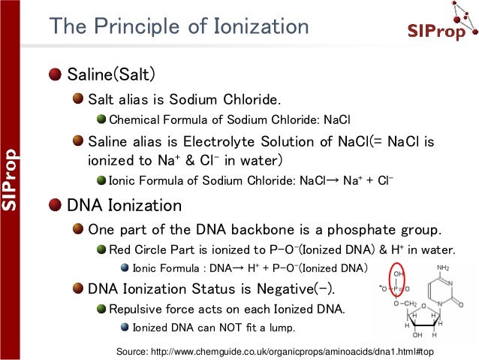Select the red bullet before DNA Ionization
coord(56,205)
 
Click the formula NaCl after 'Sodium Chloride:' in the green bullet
coord(337,119)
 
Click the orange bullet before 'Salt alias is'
coord(77,98)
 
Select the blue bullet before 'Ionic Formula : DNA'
coord(125,268)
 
